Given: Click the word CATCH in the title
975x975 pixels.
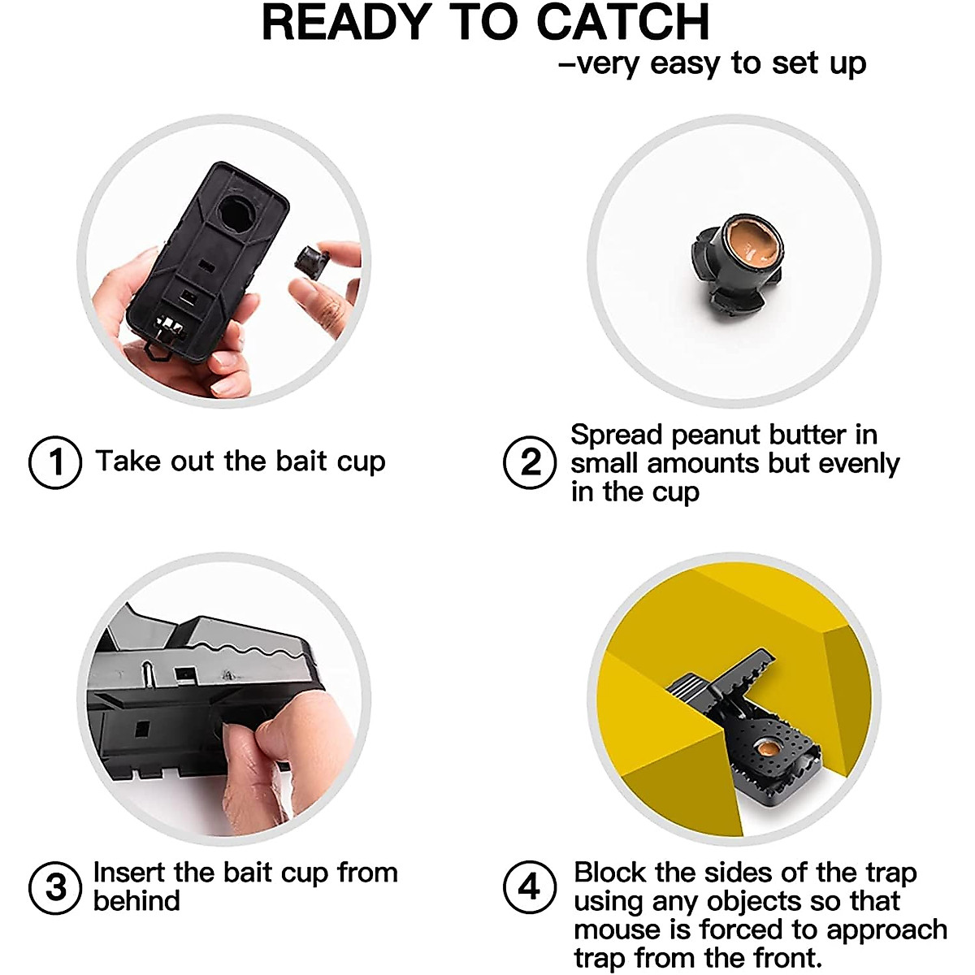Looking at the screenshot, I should (623, 23).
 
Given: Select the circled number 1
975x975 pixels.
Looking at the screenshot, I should (55, 462).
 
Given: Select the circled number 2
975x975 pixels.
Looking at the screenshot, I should (530, 462).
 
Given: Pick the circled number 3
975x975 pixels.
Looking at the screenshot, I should (55, 887).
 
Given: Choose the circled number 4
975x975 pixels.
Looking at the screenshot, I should (530, 887).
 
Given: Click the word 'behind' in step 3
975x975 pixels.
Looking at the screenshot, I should (136, 901).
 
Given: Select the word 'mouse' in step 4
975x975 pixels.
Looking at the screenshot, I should (613, 929).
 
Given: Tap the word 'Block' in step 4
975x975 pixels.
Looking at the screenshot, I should (611, 873).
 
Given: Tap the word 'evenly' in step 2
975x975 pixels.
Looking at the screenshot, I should (860, 464).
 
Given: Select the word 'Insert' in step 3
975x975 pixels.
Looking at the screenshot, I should (130, 873).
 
